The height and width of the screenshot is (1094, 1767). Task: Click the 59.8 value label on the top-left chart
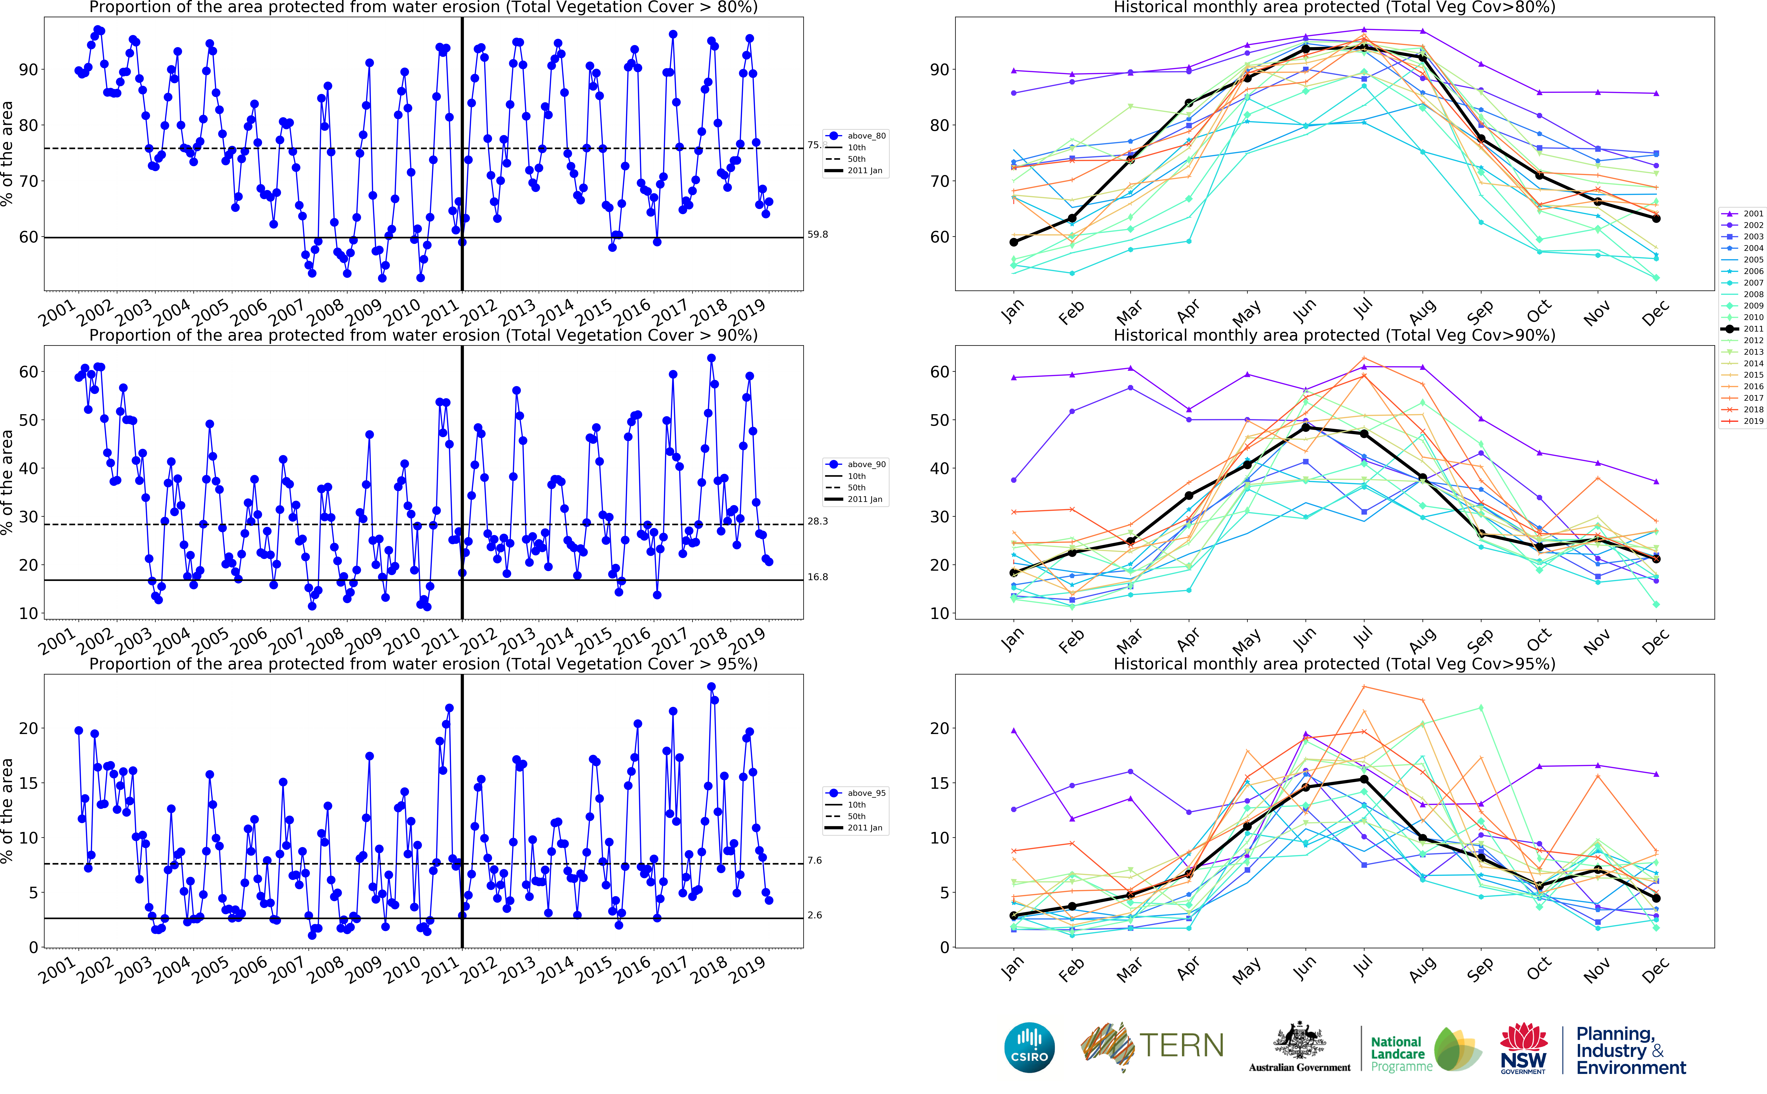click(817, 234)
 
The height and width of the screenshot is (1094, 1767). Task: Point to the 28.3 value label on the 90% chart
click(817, 521)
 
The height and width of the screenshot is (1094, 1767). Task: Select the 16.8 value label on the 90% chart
click(817, 577)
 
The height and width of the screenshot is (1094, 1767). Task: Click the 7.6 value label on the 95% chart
click(814, 860)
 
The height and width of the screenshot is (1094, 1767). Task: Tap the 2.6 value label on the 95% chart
click(814, 915)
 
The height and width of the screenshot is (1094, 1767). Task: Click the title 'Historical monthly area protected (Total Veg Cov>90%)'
click(1334, 335)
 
